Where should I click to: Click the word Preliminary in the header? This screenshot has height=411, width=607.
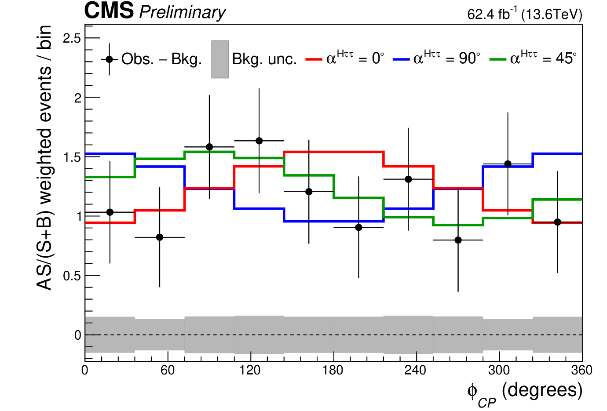(x=182, y=12)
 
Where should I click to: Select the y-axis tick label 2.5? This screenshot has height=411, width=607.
(x=72, y=38)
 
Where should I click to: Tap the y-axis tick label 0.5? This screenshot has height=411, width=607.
(x=72, y=276)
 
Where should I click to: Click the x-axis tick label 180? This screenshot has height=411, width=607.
(x=333, y=371)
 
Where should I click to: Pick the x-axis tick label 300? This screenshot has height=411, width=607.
(x=499, y=371)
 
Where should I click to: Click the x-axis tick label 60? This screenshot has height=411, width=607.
(x=168, y=371)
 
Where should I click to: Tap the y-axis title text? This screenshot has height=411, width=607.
(x=44, y=158)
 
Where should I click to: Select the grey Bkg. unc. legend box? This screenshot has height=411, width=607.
(x=220, y=59)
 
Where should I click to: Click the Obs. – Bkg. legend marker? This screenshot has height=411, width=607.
(x=109, y=59)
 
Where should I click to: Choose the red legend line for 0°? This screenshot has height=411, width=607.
(x=314, y=59)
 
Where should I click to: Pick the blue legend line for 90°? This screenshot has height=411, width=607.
(x=401, y=59)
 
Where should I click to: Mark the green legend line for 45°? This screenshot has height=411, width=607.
(x=498, y=59)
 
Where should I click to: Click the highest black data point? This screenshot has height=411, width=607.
(x=259, y=141)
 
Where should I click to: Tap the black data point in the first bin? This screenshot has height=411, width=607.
(x=110, y=212)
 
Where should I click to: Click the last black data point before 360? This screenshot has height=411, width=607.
(x=558, y=222)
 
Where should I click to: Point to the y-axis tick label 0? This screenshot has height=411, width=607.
(x=78, y=335)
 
